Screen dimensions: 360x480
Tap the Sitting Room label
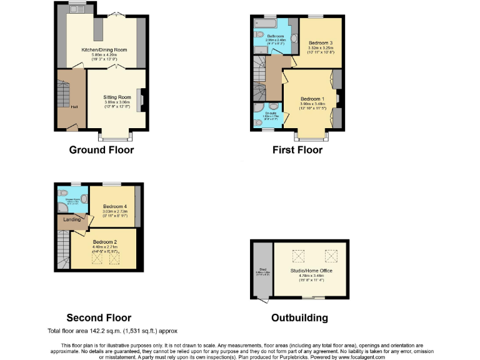117,97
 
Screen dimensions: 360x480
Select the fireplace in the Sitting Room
141,100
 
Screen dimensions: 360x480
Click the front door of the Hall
72,127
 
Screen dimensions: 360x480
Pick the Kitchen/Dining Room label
104,49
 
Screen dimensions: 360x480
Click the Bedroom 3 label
321,42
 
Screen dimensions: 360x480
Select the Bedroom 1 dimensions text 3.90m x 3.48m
312,104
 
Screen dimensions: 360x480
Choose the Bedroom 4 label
114,206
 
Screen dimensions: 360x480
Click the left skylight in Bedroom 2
97,257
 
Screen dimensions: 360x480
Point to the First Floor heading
297,150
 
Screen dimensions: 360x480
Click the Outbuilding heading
299,317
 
